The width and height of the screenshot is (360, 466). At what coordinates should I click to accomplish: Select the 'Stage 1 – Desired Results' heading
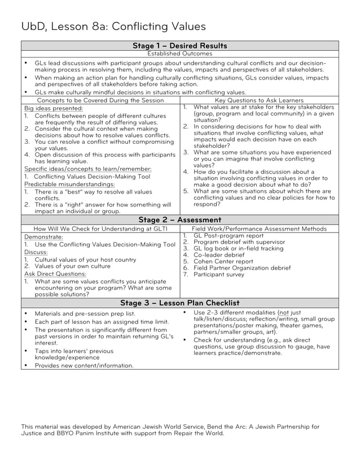click(179, 46)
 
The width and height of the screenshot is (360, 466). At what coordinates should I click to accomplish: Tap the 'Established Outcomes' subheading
click(179, 54)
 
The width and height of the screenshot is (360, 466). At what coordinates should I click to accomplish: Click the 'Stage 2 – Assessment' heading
click(179, 219)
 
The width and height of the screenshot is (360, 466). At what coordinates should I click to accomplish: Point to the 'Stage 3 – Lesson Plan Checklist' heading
click(179, 303)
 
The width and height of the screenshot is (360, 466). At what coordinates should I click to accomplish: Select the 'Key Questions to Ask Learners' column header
click(259, 100)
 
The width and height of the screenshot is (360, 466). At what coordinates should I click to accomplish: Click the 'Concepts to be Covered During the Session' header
click(100, 100)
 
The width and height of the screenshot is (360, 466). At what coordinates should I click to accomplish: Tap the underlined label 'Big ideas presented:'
click(54, 108)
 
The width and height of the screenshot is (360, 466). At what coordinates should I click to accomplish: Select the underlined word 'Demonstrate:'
click(43, 238)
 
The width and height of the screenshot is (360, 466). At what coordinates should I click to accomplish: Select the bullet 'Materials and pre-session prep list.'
click(85, 313)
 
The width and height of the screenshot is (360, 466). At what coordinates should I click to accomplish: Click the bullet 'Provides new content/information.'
click(84, 365)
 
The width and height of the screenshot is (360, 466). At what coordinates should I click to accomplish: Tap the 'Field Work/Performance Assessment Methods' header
click(259, 228)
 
